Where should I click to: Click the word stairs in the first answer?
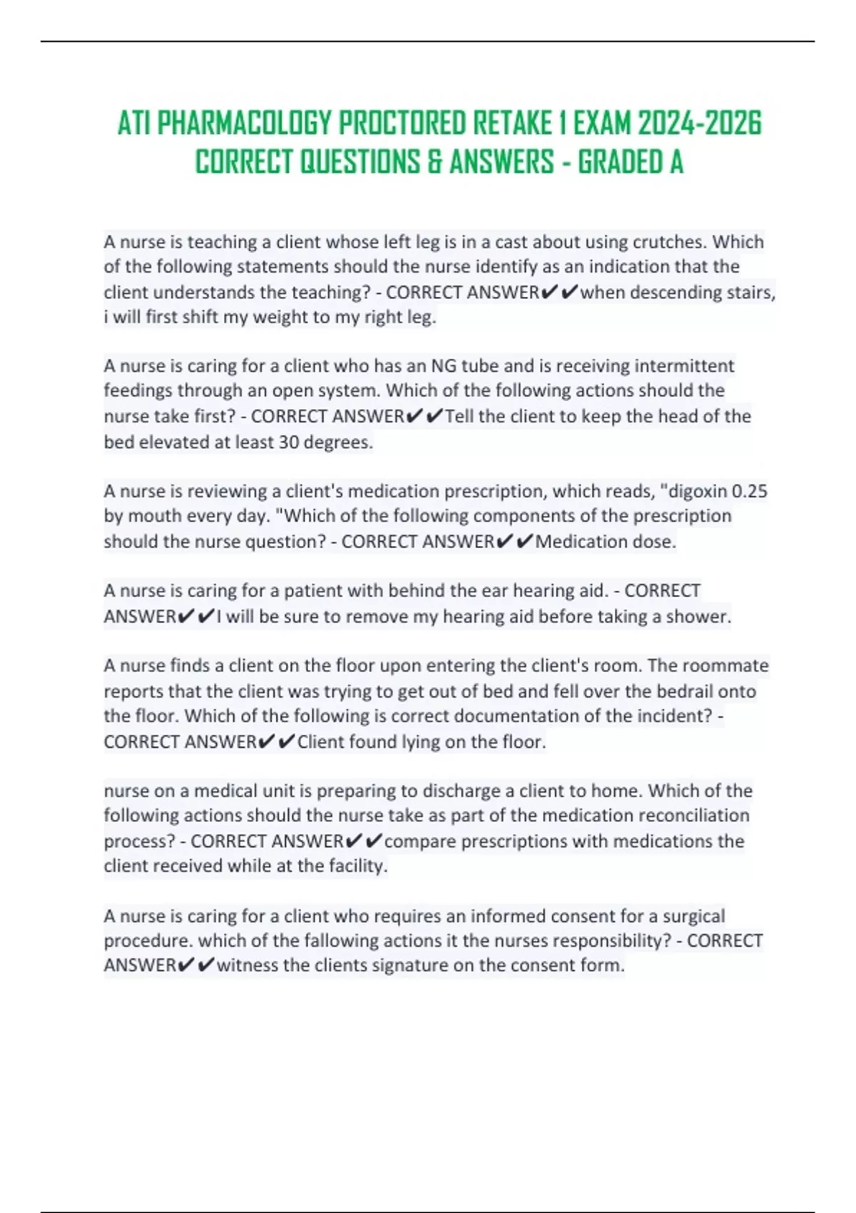coord(750,293)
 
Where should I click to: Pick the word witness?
coord(248,965)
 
